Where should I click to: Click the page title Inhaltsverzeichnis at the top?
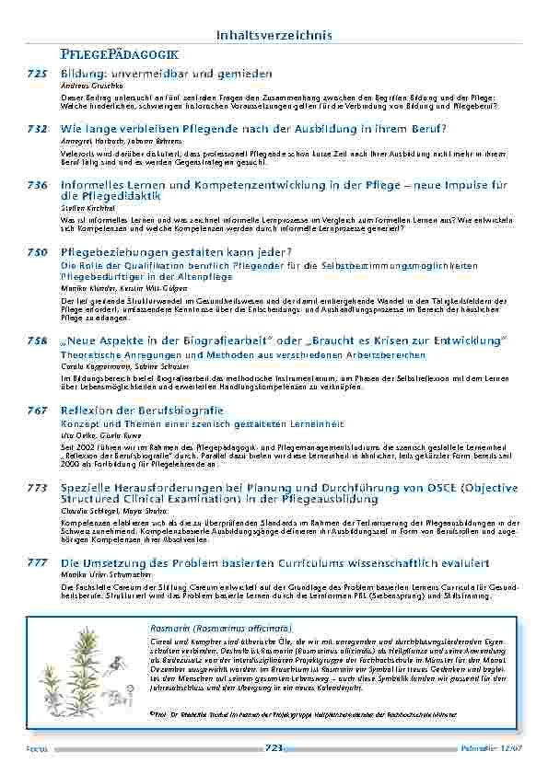273,35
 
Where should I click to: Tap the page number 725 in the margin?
37,72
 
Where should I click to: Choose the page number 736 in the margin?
37,185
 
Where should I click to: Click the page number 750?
37,251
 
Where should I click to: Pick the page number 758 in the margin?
37,341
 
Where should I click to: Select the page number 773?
37,486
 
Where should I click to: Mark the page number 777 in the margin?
37,561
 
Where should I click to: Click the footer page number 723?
274,748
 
